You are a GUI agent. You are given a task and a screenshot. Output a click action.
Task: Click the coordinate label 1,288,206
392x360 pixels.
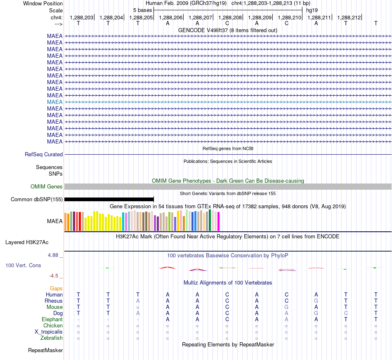click(x=171, y=17)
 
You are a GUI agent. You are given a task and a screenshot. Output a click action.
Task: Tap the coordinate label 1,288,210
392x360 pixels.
click(x=290, y=17)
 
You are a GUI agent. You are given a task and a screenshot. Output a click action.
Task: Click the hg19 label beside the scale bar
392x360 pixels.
click(x=312, y=10)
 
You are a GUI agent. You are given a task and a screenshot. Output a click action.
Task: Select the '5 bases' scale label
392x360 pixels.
click(x=142, y=10)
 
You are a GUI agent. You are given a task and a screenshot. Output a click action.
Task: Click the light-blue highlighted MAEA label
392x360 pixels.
click(x=55, y=102)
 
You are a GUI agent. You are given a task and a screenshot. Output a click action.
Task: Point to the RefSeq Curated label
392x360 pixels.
click(x=44, y=154)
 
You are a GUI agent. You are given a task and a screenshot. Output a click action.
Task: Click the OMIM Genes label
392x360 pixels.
click(x=47, y=187)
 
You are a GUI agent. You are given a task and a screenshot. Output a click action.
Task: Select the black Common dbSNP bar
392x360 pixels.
click(x=109, y=199)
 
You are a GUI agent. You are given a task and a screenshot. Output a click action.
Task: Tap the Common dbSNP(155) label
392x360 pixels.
click(x=37, y=199)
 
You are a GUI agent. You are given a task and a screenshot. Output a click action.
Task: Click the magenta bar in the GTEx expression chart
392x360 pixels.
click(x=219, y=221)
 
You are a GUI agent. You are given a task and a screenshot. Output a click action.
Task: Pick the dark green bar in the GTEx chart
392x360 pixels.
click(x=210, y=220)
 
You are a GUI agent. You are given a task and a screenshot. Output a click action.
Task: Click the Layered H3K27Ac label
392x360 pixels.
click(x=27, y=242)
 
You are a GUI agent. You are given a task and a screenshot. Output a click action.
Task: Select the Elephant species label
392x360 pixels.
click(x=52, y=319)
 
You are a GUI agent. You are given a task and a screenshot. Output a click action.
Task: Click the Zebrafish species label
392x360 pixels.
click(x=52, y=338)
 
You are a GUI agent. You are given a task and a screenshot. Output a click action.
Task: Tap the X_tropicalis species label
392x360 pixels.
click(x=49, y=332)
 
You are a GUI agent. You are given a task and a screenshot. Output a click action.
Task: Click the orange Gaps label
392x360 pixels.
click(x=56, y=289)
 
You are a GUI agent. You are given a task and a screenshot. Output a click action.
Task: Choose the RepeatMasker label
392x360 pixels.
click(x=45, y=350)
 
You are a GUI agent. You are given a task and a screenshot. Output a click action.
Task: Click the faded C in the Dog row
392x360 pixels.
click(x=346, y=313)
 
